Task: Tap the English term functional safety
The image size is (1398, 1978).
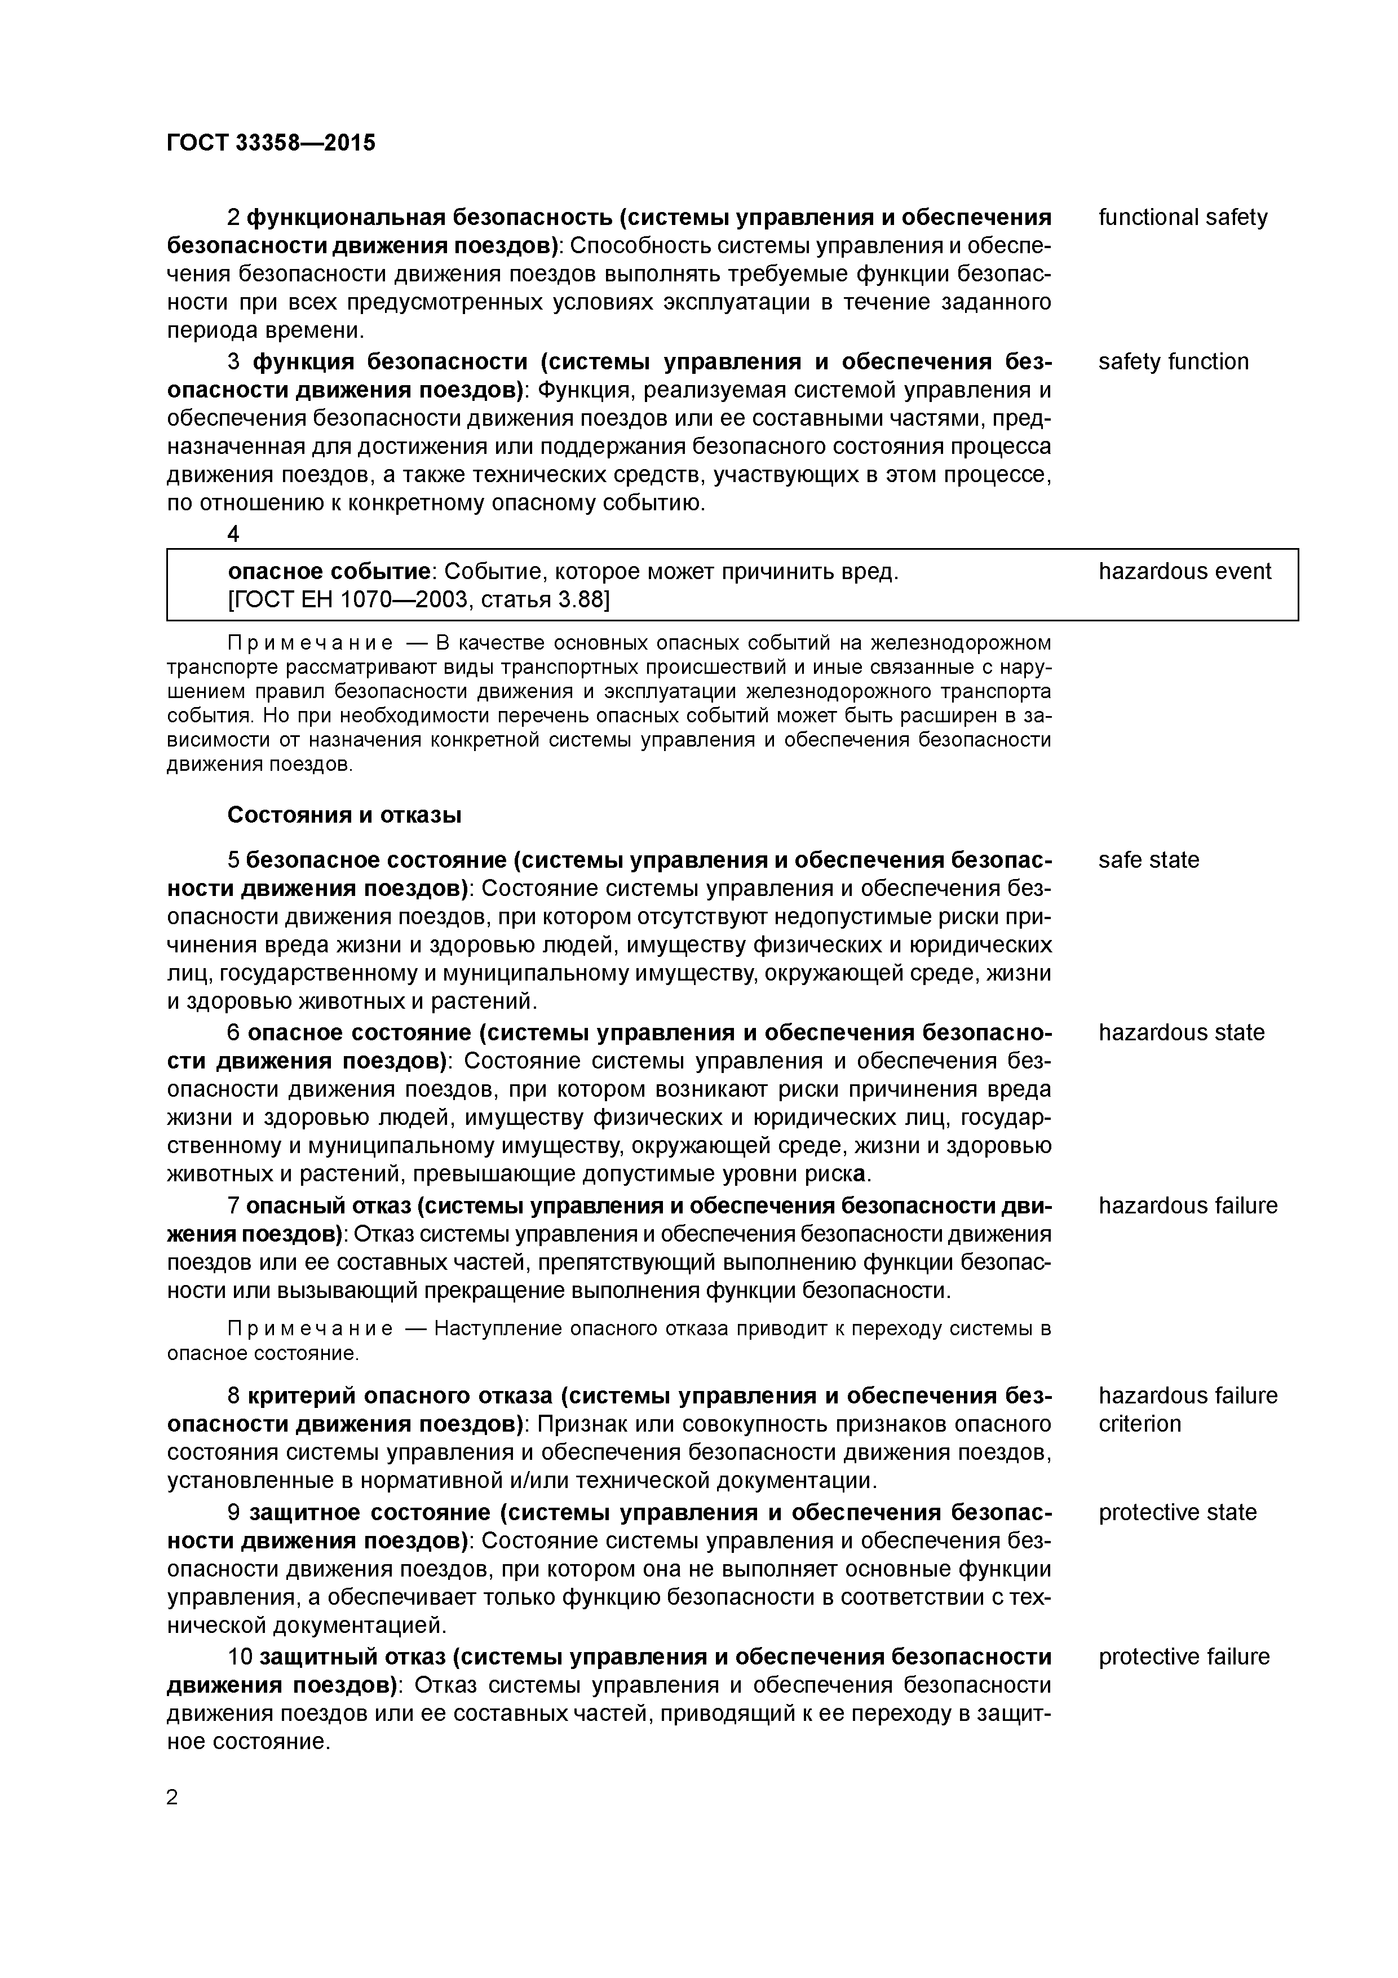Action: point(1182,217)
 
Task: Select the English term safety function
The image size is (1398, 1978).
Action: point(1173,362)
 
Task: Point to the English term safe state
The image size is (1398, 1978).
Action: point(1148,860)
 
